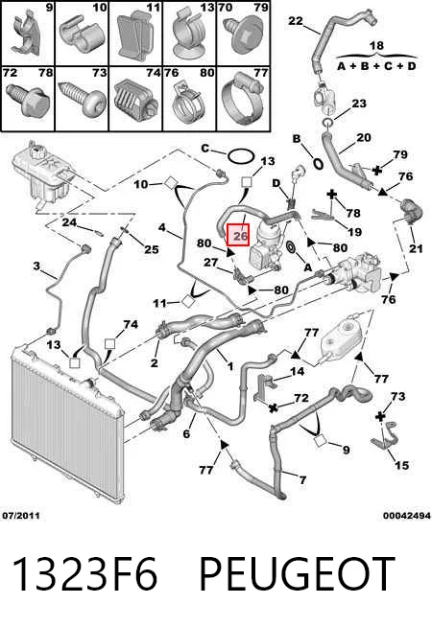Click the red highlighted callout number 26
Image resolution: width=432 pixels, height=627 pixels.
pyautogui.click(x=238, y=235)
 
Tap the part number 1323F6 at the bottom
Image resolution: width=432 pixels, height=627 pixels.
pyautogui.click(x=84, y=574)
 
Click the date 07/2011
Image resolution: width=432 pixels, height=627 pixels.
pyautogui.click(x=21, y=516)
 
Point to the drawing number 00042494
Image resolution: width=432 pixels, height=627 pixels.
pyautogui.click(x=407, y=516)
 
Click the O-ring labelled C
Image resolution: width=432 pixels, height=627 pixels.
pyautogui.click(x=241, y=156)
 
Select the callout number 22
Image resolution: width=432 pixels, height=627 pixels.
pyautogui.click(x=296, y=20)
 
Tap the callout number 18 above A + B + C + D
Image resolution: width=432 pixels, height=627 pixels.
pyautogui.click(x=376, y=46)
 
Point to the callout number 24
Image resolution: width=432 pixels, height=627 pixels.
pyautogui.click(x=69, y=221)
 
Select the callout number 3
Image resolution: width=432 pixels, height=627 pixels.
pyautogui.click(x=36, y=266)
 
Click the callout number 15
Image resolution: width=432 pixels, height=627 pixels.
pyautogui.click(x=401, y=465)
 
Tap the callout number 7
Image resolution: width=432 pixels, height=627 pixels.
pyautogui.click(x=302, y=479)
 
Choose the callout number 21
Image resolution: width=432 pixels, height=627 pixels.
pyautogui.click(x=416, y=248)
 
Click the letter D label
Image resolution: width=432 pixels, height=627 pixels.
pyautogui.click(x=276, y=183)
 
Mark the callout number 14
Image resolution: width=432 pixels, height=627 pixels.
pyautogui.click(x=297, y=371)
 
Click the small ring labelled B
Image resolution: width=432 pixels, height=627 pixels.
pyautogui.click(x=318, y=164)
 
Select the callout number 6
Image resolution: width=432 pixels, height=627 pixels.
pyautogui.click(x=186, y=433)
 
